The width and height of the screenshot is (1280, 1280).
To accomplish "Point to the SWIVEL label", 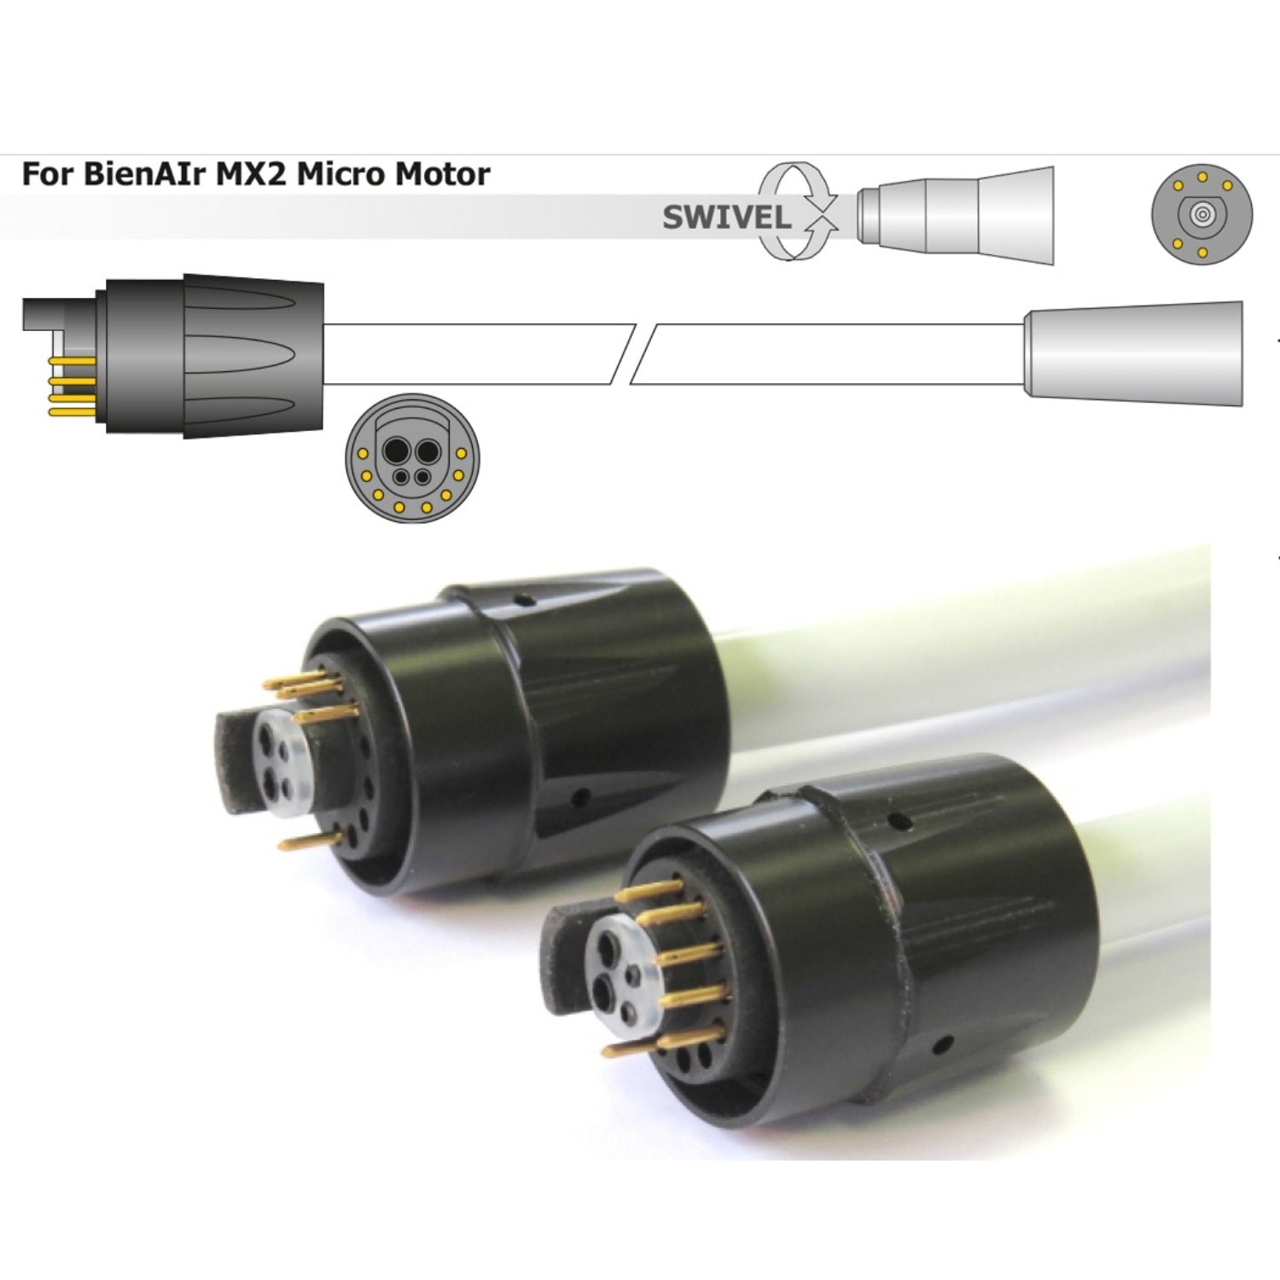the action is tap(727, 218).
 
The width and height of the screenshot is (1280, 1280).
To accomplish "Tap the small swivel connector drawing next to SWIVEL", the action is tap(956, 215).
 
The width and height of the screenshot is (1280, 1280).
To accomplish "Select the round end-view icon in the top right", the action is tap(1201, 214).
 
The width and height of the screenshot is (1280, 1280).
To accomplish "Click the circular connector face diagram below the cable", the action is tap(412, 458).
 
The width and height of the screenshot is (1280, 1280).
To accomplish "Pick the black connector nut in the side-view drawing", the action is tap(210, 353).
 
